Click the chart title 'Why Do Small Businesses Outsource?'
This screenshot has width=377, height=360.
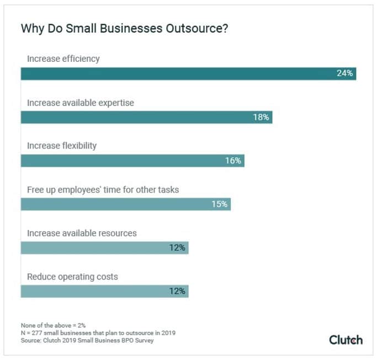125,29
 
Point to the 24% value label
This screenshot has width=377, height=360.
345,73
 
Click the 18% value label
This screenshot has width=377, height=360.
261,117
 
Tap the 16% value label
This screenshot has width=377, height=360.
233,161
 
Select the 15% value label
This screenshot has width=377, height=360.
220,204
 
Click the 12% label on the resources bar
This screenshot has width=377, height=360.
177,248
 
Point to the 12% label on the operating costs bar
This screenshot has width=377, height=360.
177,291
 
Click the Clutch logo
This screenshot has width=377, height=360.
346,340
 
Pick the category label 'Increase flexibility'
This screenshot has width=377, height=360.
62,146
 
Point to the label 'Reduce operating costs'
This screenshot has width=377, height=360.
72,277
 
